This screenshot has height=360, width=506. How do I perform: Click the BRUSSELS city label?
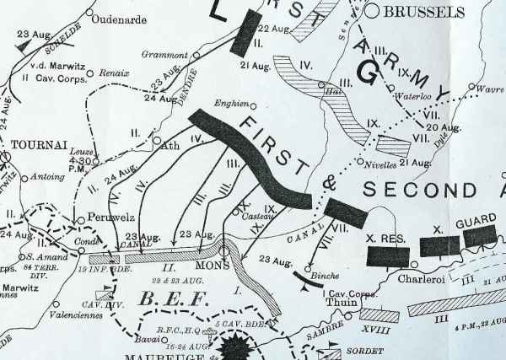click(424, 12)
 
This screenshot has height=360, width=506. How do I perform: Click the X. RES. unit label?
click(388, 237)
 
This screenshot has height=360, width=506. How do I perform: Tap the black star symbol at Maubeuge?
click(231, 347)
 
